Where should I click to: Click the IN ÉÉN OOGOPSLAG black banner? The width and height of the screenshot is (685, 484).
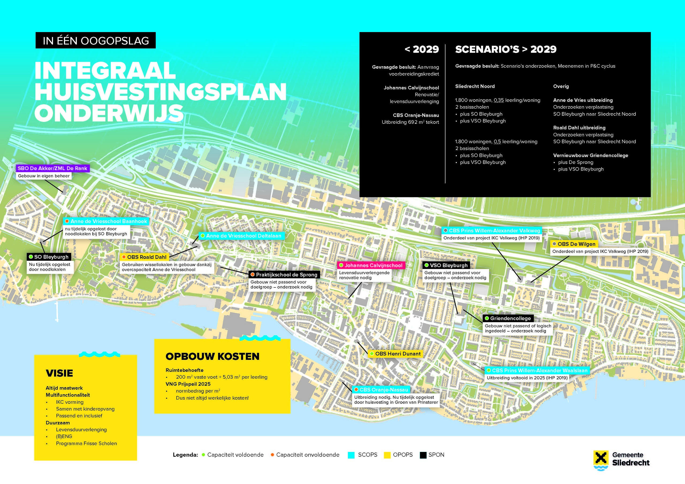[x=96, y=41]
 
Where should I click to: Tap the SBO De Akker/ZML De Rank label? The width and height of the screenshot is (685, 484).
[x=52, y=168]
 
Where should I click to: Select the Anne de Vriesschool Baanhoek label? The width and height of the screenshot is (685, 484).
[x=106, y=221]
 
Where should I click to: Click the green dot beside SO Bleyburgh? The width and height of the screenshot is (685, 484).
[x=31, y=257]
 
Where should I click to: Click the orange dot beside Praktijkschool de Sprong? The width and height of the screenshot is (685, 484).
[x=252, y=274]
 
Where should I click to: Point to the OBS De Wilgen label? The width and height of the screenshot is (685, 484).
[x=574, y=244]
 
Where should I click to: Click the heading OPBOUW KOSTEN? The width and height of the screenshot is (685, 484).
[x=212, y=356]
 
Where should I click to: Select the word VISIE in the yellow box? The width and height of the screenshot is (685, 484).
[x=59, y=373]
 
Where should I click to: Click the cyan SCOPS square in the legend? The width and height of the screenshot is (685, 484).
[x=351, y=455]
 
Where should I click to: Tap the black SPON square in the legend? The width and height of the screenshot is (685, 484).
[x=423, y=455]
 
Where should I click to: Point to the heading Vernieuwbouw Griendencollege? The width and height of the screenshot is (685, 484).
[x=591, y=155]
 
